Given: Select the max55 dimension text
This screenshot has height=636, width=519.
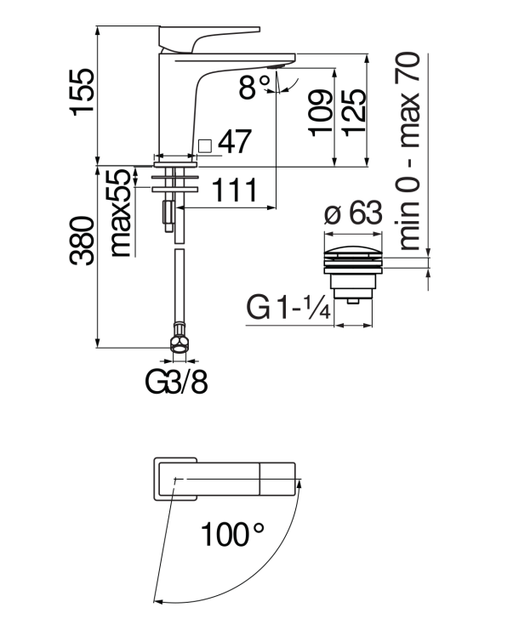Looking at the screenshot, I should coord(123,213).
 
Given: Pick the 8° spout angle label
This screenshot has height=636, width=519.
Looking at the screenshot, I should coord(254,86).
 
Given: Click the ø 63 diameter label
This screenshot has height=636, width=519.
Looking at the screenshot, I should coord(353,214).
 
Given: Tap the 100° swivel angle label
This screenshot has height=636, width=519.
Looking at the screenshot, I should coord(233,536).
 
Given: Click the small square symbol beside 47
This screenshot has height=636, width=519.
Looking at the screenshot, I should coord(204,145).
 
